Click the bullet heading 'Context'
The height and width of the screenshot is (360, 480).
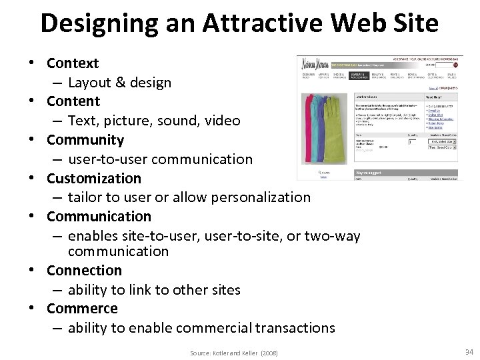point(73,63)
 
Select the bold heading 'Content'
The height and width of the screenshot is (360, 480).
point(73,101)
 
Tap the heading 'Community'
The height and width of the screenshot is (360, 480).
point(85,140)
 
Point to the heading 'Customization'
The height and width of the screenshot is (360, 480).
point(94,178)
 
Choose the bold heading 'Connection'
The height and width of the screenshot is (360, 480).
point(84,270)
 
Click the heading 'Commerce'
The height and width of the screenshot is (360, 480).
point(82,309)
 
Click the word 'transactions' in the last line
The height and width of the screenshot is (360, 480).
point(297,328)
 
